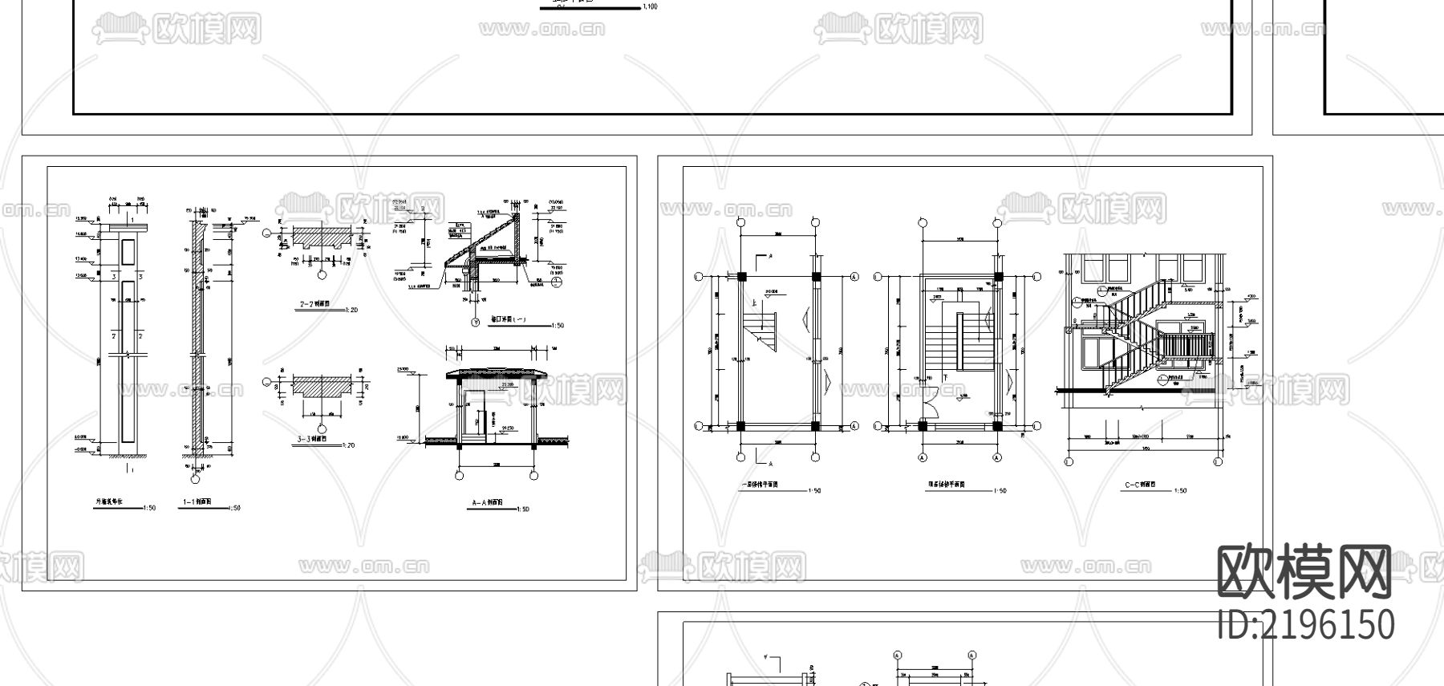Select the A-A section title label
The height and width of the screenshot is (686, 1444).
click(x=488, y=504)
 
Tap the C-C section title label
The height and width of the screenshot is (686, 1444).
click(x=1140, y=485)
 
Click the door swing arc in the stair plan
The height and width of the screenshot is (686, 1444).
click(x=931, y=405)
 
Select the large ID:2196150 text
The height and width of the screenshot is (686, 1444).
click(x=1306, y=625)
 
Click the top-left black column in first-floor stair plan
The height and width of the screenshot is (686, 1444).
click(x=741, y=277)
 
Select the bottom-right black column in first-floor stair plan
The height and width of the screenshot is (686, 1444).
click(x=815, y=426)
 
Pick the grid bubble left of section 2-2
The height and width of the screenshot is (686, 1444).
click(x=266, y=233)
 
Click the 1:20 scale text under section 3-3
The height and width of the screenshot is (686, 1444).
click(x=347, y=445)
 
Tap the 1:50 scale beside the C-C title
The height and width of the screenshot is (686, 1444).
click(x=1180, y=491)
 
